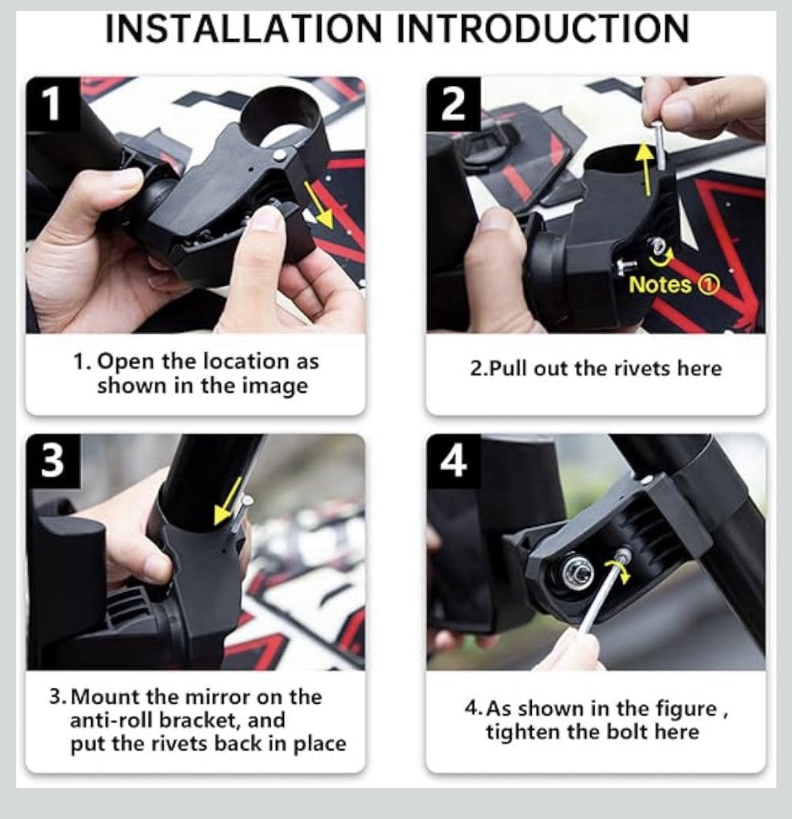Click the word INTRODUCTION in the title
[543, 28]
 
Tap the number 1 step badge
[53, 104]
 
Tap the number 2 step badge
[453, 104]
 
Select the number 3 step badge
[53, 461]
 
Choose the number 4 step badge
[453, 461]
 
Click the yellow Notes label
[660, 285]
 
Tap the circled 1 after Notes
[708, 285]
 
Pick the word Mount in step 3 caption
[106, 697]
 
